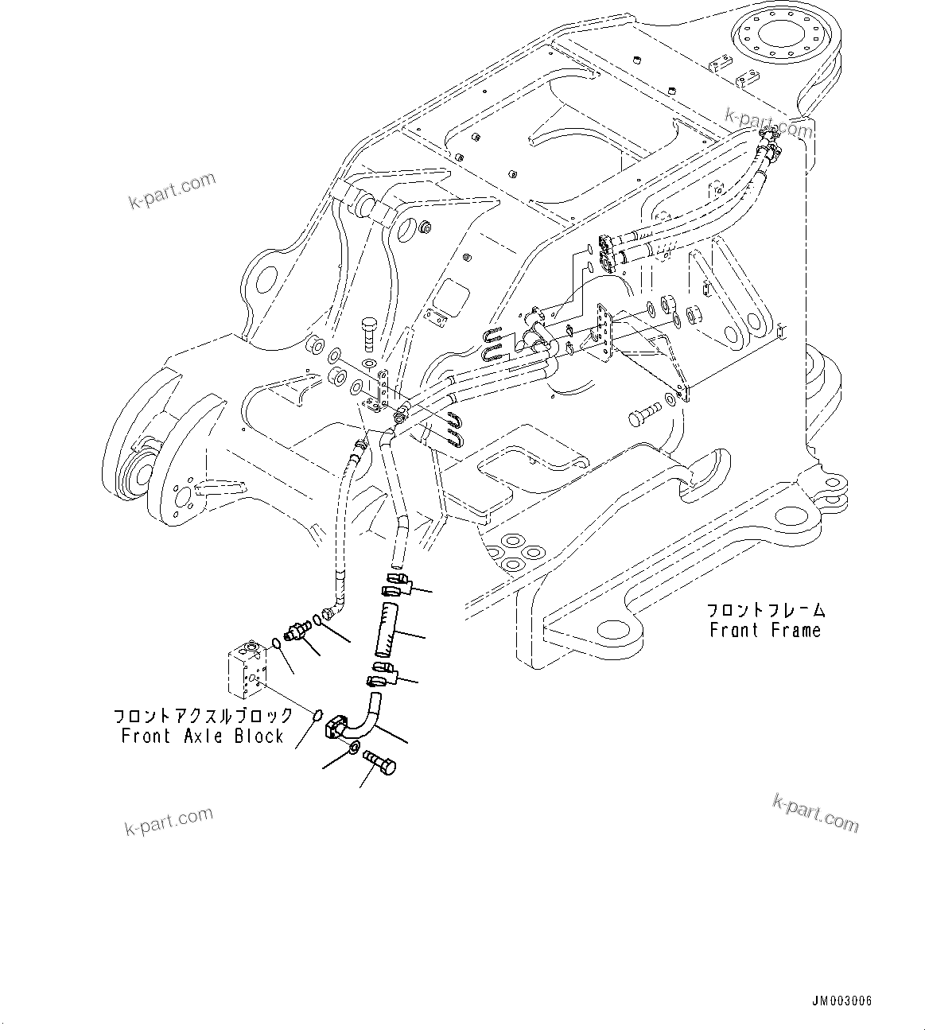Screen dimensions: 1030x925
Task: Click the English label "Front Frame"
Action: tap(764, 630)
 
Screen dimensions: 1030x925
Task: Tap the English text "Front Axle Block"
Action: tap(202, 736)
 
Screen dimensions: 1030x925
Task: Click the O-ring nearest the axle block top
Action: tap(274, 643)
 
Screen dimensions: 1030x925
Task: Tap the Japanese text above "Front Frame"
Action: tap(766, 610)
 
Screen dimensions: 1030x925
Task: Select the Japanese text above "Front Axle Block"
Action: tap(203, 716)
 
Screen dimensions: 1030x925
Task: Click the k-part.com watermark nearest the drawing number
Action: tap(816, 812)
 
